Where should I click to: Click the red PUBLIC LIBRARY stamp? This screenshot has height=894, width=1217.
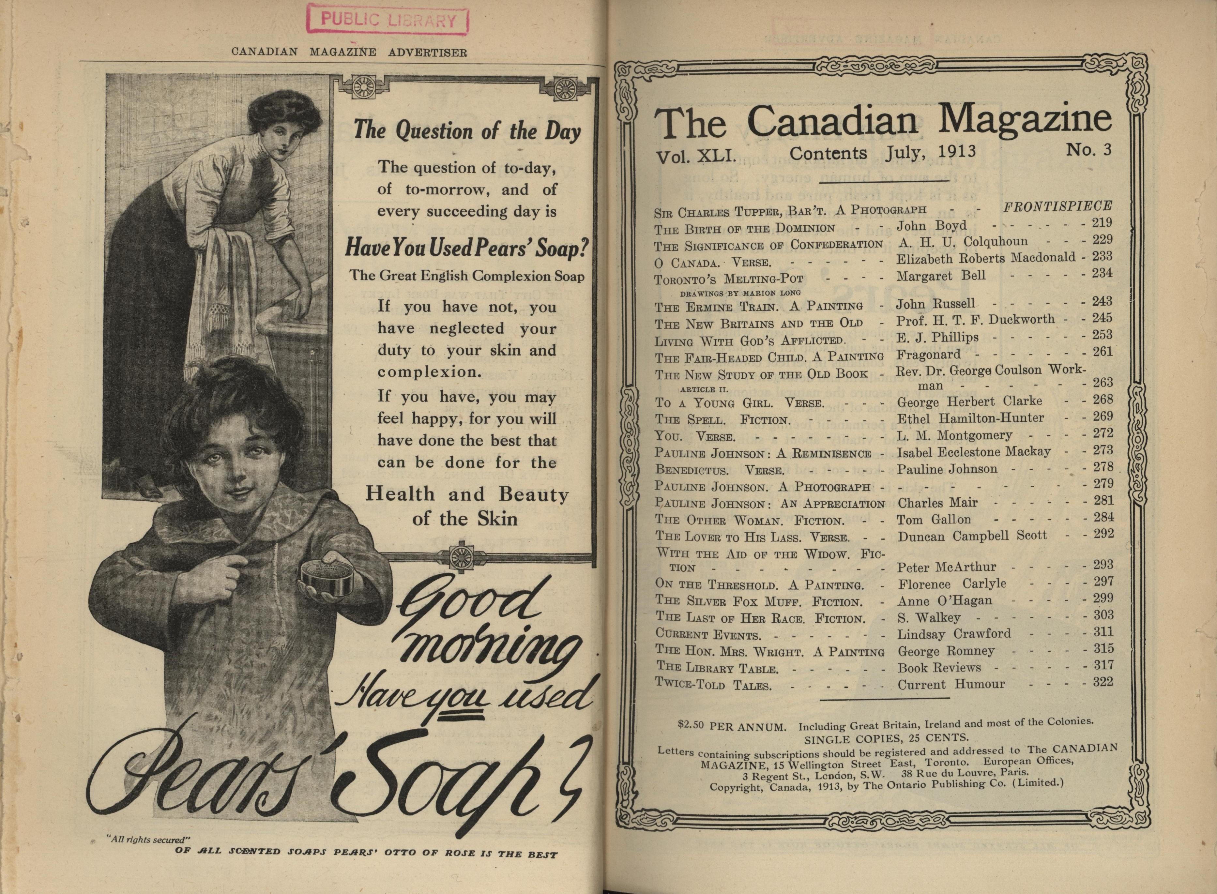coord(387,21)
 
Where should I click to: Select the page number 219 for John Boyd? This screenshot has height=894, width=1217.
coord(1102,222)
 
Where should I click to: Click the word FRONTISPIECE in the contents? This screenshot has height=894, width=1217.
coord(1057,206)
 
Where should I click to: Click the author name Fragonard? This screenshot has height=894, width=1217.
coord(928,355)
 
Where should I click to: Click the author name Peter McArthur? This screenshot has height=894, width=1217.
coord(947,567)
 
